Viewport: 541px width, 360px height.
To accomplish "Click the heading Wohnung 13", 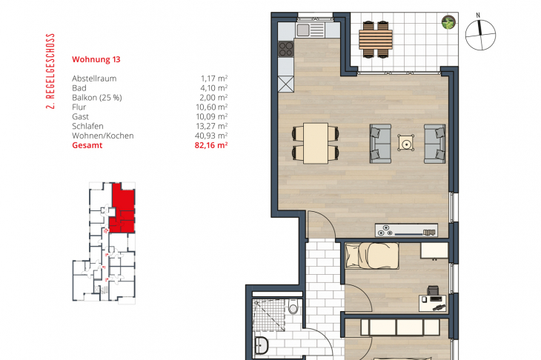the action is (96, 59).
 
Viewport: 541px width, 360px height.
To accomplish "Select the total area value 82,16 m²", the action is (210, 145).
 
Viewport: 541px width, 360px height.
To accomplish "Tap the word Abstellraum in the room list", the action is (94, 79).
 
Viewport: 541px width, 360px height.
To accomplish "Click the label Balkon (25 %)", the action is (97, 98).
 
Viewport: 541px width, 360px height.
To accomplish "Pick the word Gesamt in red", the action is (87, 145).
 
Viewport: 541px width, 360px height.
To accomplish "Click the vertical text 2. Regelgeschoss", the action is (50, 71).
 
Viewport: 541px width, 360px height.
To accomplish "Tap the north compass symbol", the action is (480, 33).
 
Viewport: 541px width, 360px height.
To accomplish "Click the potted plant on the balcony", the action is (448, 22).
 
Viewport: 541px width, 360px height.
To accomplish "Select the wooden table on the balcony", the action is (376, 39).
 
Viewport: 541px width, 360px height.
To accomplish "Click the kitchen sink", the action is (303, 30).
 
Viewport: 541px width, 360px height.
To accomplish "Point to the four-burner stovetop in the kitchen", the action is (285, 49).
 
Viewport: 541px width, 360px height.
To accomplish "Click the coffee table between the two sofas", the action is (406, 143).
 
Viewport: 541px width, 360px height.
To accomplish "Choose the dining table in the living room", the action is (316, 143).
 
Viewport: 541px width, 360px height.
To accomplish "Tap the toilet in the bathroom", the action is (293, 307).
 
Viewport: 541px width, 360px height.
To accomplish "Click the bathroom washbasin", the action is (261, 345).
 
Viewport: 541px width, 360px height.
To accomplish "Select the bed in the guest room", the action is (372, 256).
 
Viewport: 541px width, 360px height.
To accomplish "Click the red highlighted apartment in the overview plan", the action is (122, 209).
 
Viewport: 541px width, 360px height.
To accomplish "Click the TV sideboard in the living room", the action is (406, 230).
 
